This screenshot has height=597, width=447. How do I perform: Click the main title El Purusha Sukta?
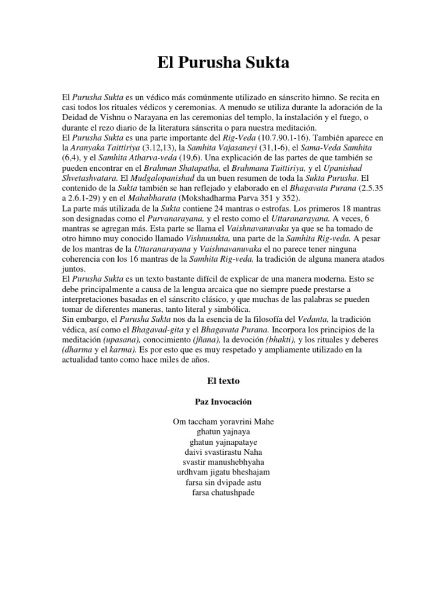pyautogui.click(x=223, y=63)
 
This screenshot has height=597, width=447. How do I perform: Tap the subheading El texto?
pyautogui.click(x=223, y=381)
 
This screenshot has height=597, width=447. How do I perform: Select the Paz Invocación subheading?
pyautogui.click(x=223, y=402)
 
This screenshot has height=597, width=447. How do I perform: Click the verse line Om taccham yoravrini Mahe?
pyautogui.click(x=223, y=421)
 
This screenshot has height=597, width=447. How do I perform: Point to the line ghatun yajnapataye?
pyautogui.click(x=223, y=442)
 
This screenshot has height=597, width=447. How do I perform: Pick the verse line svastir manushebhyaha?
pyautogui.click(x=223, y=462)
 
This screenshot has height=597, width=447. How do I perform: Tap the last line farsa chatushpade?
pyautogui.click(x=223, y=493)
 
